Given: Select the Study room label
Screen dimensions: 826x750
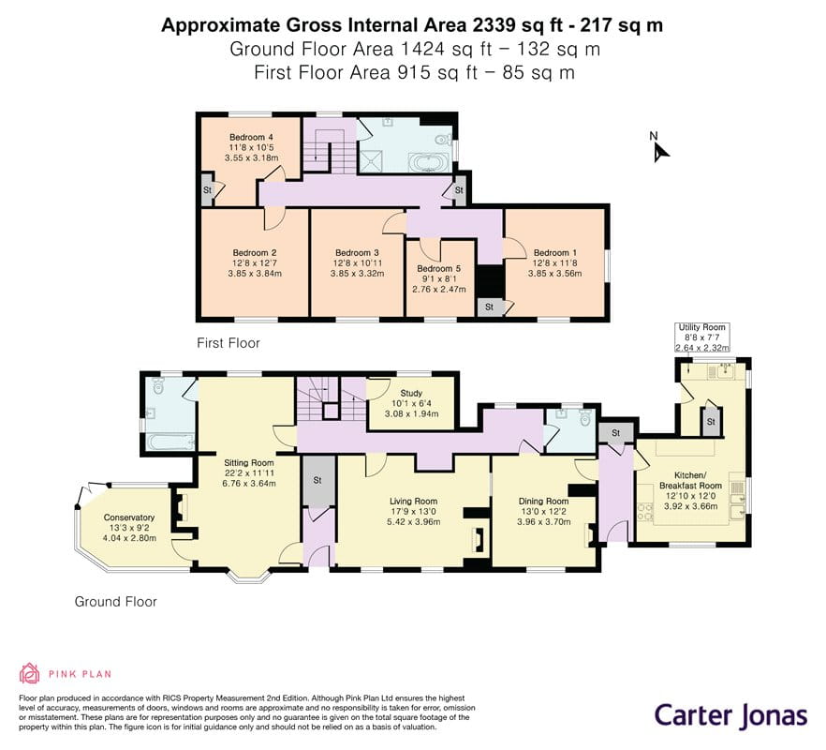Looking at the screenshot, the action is pyautogui.click(x=411, y=393).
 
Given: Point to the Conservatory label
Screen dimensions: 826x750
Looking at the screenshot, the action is pyautogui.click(x=129, y=517).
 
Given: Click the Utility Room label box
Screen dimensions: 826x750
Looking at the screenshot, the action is pyautogui.click(x=702, y=337).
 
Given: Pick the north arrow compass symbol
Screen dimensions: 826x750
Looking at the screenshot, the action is pyautogui.click(x=659, y=148).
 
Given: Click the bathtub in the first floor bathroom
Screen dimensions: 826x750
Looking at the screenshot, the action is pyautogui.click(x=430, y=162).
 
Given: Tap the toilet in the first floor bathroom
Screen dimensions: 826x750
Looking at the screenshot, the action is pyautogui.click(x=442, y=140).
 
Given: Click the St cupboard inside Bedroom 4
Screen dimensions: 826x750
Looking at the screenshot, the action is pyautogui.click(x=207, y=189).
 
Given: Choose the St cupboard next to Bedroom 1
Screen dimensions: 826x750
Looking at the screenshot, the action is pyautogui.click(x=490, y=307).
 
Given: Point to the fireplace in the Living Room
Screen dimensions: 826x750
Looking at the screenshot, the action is pyautogui.click(x=479, y=542).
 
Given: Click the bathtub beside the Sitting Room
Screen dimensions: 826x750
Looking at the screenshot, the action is pyautogui.click(x=170, y=442).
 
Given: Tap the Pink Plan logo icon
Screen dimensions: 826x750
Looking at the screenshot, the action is pyautogui.click(x=30, y=673).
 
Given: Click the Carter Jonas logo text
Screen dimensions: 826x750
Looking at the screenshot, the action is pyautogui.click(x=731, y=716).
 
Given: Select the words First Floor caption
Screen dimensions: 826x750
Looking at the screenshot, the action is pyautogui.click(x=229, y=343).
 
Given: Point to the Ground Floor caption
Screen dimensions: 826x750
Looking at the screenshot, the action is pyautogui.click(x=116, y=602).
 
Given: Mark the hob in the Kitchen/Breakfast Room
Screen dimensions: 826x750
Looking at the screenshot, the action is pyautogui.click(x=644, y=509).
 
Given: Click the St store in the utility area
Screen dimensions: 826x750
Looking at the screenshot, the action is pyautogui.click(x=711, y=422).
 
